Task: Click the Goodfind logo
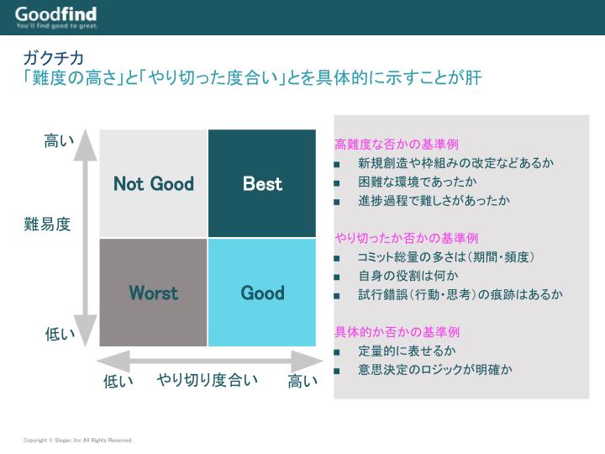[56, 18]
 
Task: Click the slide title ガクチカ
[53, 58]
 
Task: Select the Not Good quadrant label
[154, 183]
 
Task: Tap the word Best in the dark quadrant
[262, 183]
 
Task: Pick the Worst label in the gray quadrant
[154, 293]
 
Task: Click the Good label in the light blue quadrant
[262, 293]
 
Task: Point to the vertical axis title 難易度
[47, 224]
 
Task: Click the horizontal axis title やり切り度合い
[208, 380]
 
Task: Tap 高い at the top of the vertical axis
[59, 140]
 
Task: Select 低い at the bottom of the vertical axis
[60, 334]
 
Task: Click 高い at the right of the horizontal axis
[302, 382]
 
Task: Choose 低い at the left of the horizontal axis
[118, 382]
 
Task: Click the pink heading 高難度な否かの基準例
[397, 144]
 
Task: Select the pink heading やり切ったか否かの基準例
[407, 238]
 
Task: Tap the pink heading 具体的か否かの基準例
[397, 332]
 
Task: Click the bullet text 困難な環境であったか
[417, 182]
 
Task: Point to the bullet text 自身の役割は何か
[408, 276]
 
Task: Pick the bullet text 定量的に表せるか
[407, 351]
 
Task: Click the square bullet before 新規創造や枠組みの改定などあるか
[337, 164]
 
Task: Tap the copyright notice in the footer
[77, 440]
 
